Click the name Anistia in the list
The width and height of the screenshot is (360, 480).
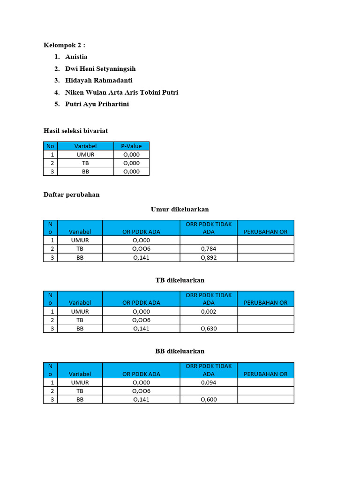(x=76, y=57)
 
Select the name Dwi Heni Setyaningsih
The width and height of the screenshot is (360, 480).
(x=100, y=69)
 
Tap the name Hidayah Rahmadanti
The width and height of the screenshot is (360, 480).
(x=99, y=81)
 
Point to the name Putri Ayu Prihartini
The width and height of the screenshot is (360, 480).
(x=97, y=104)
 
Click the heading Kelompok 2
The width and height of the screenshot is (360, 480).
(x=65, y=45)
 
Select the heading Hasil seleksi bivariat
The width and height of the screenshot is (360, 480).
(x=75, y=131)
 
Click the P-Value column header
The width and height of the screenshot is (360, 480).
(x=131, y=146)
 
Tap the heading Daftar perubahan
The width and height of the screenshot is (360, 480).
(x=71, y=195)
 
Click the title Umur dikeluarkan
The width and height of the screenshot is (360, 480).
(x=180, y=209)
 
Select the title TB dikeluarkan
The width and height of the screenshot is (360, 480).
(x=180, y=280)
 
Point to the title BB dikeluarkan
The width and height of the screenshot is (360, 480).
(x=180, y=351)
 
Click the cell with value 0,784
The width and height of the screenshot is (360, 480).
(x=209, y=249)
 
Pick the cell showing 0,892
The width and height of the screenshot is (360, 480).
(x=209, y=257)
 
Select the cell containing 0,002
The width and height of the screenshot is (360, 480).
(x=209, y=311)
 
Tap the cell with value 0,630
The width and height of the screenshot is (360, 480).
(x=209, y=329)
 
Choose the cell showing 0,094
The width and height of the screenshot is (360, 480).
(x=209, y=382)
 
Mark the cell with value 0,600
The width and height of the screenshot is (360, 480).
(x=209, y=400)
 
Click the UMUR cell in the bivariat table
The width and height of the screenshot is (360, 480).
(x=85, y=155)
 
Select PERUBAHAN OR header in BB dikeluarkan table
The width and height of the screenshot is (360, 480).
(x=265, y=374)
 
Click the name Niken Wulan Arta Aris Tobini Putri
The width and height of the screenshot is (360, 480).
(x=121, y=92)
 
